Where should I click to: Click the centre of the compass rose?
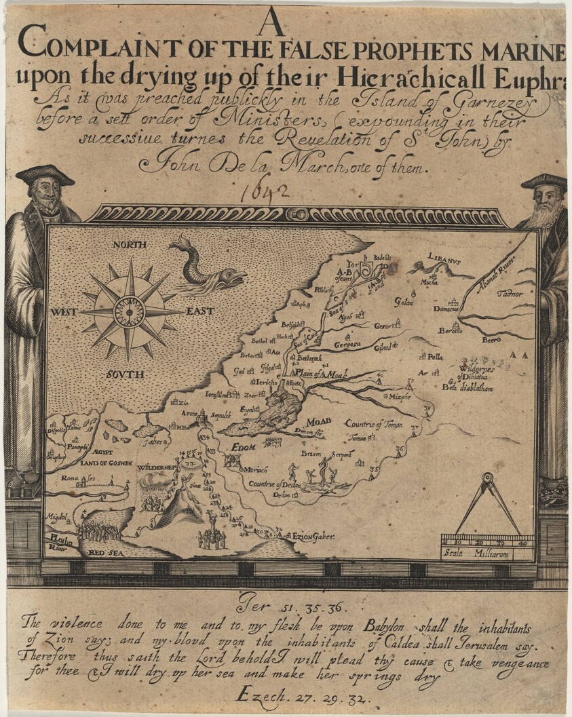[129, 311]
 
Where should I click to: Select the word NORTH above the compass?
[130, 244]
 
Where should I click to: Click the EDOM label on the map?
[242, 447]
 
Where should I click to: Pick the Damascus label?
[446, 309]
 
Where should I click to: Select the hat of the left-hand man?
[45, 175]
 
